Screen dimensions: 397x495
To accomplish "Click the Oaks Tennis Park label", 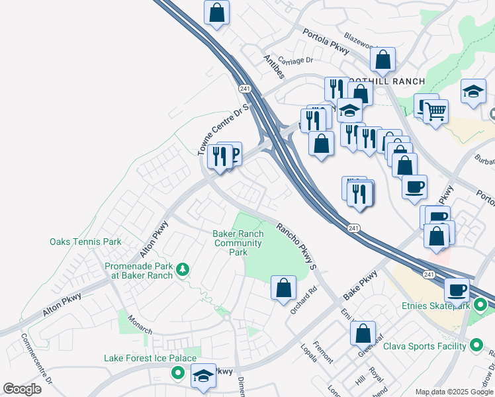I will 85,242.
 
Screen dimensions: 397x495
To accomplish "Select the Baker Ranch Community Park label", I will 238,243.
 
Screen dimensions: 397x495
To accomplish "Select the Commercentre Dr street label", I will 36,361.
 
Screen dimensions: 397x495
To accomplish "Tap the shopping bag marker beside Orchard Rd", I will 283,288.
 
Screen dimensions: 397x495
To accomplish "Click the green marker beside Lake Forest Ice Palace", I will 177,374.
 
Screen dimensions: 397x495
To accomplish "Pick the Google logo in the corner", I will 22,389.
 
